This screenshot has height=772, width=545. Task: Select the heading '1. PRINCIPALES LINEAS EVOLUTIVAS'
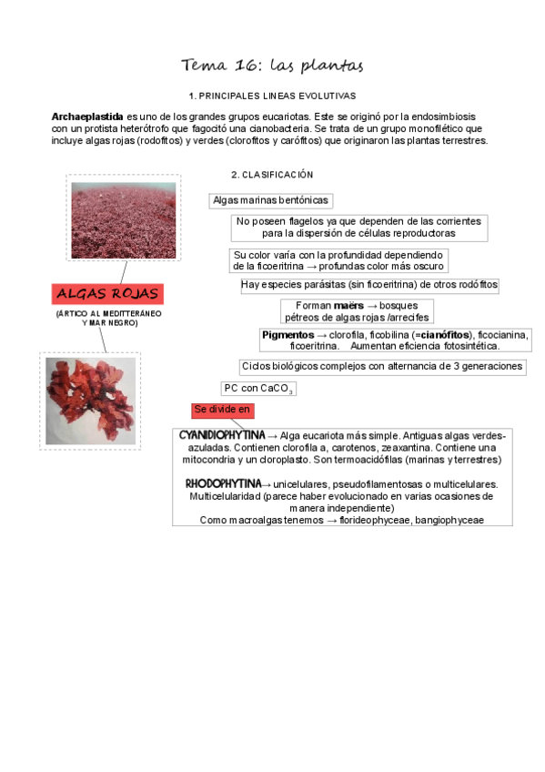click(272, 96)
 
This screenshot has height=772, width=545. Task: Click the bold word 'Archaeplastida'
click(87, 117)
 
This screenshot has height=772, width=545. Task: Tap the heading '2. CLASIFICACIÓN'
click(272, 174)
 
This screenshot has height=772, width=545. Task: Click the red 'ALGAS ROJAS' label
click(107, 294)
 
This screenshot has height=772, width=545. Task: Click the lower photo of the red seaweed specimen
click(91, 401)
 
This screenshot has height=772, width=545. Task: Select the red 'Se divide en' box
click(222, 411)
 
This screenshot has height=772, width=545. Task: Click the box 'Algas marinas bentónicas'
click(270, 200)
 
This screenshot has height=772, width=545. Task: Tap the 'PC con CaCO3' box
click(258, 389)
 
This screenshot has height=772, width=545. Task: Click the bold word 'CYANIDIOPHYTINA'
click(222, 435)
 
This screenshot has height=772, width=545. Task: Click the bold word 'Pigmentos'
click(288, 335)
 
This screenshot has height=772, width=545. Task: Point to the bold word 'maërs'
click(348, 306)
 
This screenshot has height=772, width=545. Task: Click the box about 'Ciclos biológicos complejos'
click(382, 367)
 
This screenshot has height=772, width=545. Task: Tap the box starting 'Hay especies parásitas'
click(369, 285)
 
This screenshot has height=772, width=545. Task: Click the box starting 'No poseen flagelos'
click(358, 227)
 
